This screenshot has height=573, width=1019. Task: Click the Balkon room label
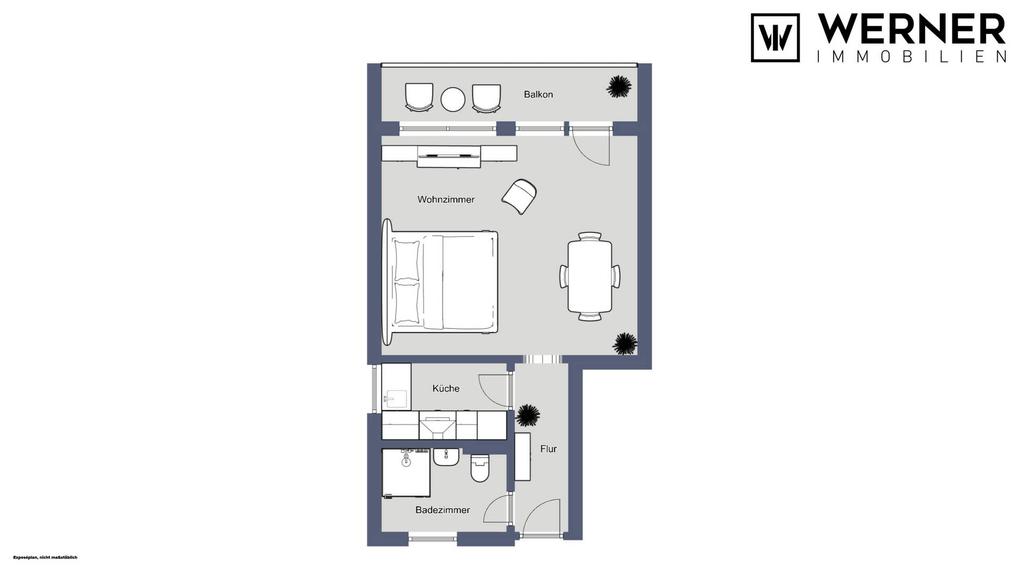(x=538, y=94)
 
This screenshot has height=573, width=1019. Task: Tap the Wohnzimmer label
(x=446, y=199)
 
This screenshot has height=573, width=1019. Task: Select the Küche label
(x=446, y=388)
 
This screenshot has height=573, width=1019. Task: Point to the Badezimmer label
(x=443, y=510)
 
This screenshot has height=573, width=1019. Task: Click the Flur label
(x=548, y=449)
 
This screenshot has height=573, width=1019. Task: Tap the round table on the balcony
(x=453, y=99)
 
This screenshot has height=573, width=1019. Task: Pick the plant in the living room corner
(x=625, y=344)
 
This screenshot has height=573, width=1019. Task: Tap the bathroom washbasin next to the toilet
(x=446, y=457)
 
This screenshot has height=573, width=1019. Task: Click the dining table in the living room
(x=590, y=276)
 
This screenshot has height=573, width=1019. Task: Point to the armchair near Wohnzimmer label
(x=519, y=196)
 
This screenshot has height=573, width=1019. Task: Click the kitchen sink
(x=396, y=398)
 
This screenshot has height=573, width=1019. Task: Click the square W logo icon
(x=775, y=38)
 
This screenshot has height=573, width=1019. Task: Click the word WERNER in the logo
(x=911, y=29)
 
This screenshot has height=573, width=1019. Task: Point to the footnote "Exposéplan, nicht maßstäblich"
(x=45, y=558)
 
